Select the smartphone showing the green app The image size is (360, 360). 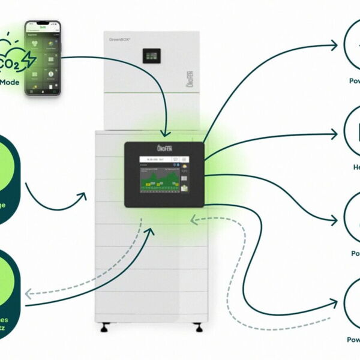click(x=43, y=58)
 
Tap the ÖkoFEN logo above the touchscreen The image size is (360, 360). click(x=165, y=148)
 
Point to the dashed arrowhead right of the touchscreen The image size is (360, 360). click(x=193, y=220)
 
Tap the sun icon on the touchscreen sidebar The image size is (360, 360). click(x=185, y=166)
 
